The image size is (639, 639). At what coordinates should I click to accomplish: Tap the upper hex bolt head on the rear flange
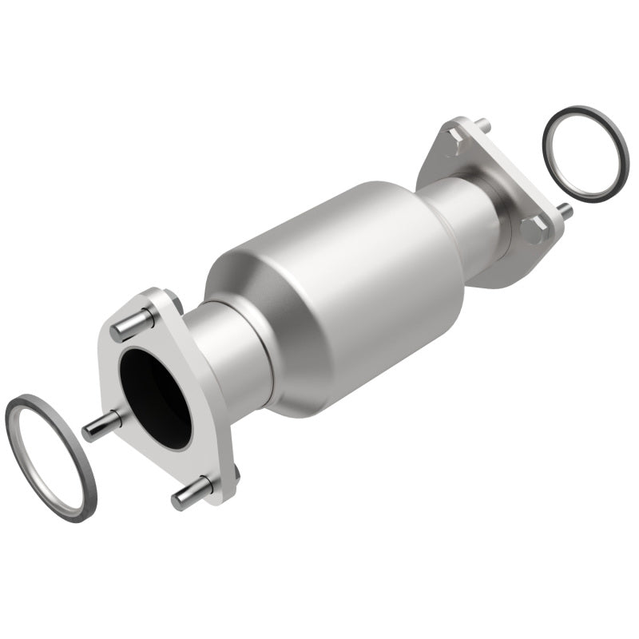coord(453,145)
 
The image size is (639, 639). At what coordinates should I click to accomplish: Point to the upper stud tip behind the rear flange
coord(482,125)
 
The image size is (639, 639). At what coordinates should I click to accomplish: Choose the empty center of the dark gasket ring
coord(585,152)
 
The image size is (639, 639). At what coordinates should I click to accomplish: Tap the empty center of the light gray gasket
coord(50,456)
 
